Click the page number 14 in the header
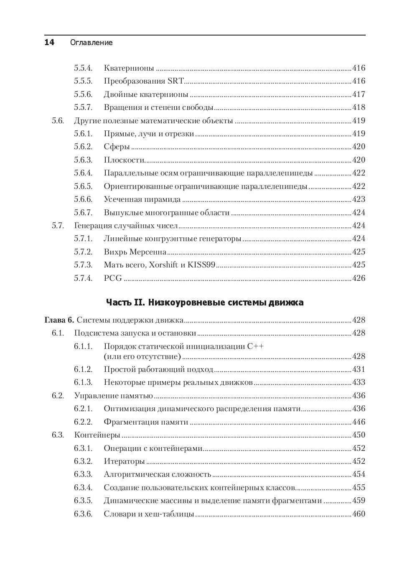click(49, 42)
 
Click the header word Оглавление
click(92, 43)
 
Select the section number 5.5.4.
click(83, 68)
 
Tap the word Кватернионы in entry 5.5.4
click(129, 68)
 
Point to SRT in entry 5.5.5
click(176, 81)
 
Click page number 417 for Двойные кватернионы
click(359, 94)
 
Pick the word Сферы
click(117, 147)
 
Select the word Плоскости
click(124, 160)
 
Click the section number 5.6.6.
click(83, 199)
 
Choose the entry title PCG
click(113, 278)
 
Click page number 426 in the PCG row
click(359, 278)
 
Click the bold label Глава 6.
click(59, 320)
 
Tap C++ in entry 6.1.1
click(255, 346)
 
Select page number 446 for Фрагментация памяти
click(359, 422)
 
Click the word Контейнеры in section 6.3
click(97, 435)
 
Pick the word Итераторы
click(124, 461)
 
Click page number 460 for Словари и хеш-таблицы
click(359, 514)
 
